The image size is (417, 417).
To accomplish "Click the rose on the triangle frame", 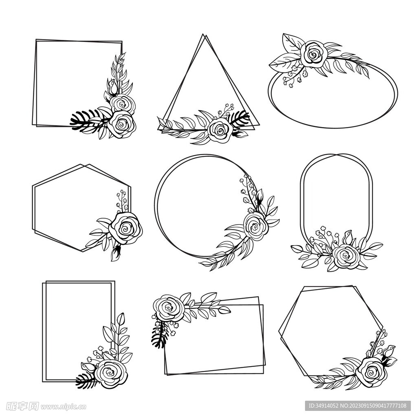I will [x=220, y=129].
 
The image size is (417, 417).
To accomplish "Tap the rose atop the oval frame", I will [x=314, y=54].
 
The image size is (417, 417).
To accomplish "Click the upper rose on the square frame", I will [x=122, y=104].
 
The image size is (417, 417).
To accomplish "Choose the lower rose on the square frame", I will [x=121, y=124].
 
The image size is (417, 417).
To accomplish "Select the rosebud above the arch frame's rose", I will [x=347, y=237].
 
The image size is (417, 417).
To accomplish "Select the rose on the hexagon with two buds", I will [x=371, y=372].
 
